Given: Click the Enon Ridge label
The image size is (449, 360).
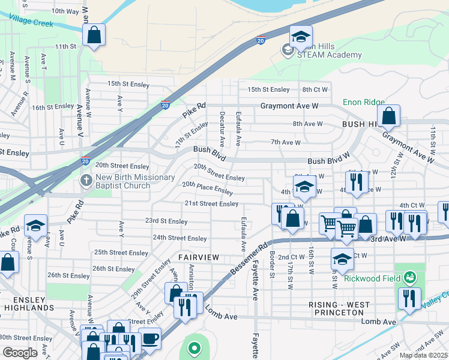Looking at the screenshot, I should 364,103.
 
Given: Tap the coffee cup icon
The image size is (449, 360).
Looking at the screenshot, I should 149,338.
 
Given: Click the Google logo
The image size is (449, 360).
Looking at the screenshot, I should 20,353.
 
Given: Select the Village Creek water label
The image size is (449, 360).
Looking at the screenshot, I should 31,24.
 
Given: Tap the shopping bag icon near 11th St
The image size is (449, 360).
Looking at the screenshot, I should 94,35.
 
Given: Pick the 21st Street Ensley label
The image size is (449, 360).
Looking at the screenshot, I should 211,204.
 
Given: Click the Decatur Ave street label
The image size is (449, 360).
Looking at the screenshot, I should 222,129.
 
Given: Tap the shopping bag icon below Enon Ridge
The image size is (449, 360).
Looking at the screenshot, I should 389,118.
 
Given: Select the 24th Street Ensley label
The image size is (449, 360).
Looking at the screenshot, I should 179,238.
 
